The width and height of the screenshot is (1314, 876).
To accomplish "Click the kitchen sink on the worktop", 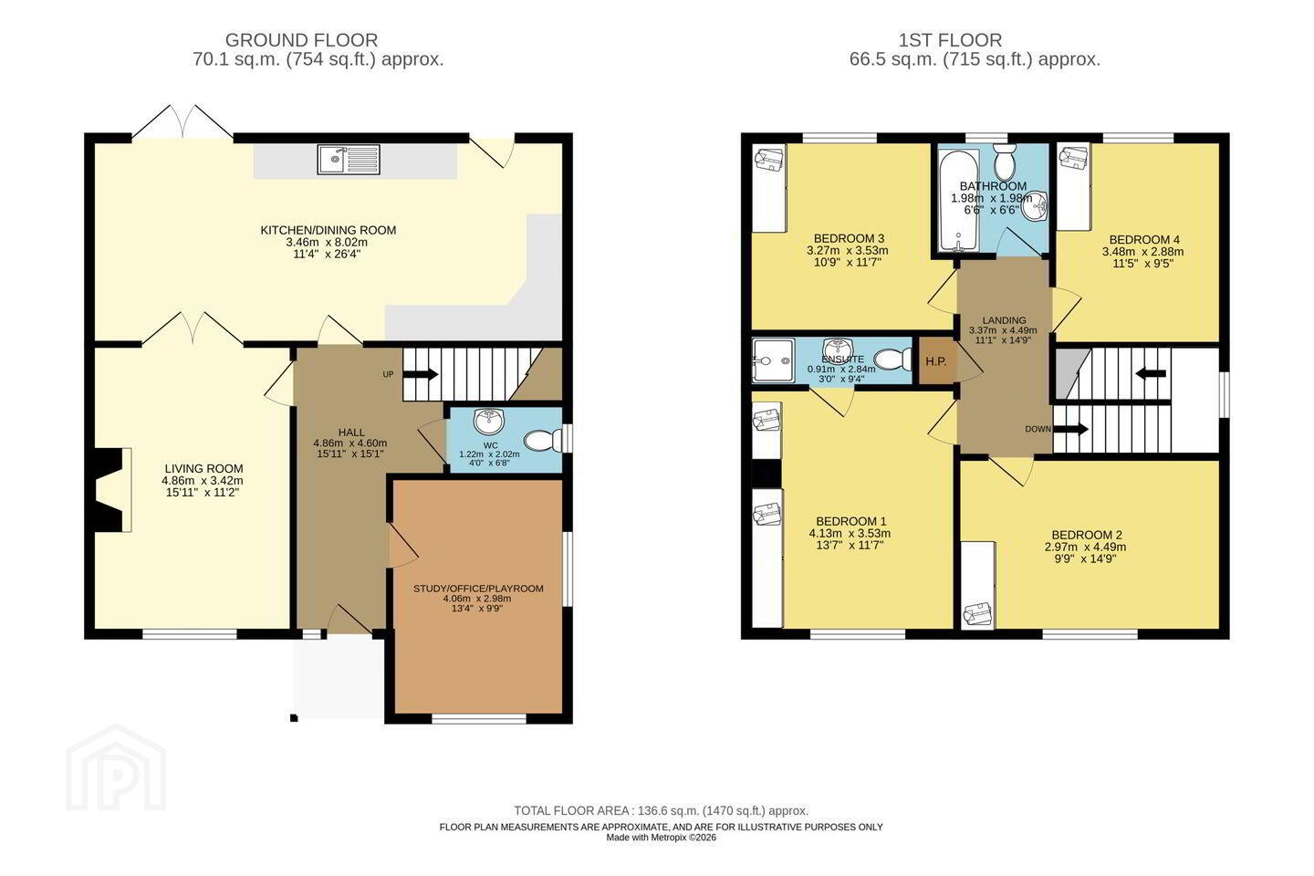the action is (349, 160).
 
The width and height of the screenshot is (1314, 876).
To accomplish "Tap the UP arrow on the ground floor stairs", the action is (420, 374).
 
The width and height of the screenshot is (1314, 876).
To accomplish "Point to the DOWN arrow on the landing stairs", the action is (1070, 430).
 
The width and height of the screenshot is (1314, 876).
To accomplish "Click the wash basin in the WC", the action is (489, 420).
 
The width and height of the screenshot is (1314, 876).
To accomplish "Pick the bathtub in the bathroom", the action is (958, 199).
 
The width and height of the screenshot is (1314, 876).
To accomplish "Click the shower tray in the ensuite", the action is (773, 360).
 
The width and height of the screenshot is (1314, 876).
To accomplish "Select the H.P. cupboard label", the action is (935, 361).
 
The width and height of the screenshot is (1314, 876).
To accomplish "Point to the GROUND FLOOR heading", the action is (301, 40).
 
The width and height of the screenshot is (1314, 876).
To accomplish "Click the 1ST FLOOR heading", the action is (950, 40).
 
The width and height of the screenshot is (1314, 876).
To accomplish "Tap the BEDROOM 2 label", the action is (1087, 535).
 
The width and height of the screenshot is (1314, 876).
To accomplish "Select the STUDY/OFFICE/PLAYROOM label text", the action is (478, 589).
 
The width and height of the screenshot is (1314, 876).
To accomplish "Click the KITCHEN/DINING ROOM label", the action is (328, 230).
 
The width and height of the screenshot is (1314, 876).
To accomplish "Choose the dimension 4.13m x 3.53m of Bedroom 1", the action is (850, 533).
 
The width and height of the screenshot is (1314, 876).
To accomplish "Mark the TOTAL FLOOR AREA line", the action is (661, 811).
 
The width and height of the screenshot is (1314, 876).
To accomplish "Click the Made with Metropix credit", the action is (661, 838).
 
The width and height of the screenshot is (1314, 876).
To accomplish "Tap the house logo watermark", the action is (116, 768).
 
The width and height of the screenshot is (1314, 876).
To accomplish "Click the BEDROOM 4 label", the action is (1144, 240).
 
